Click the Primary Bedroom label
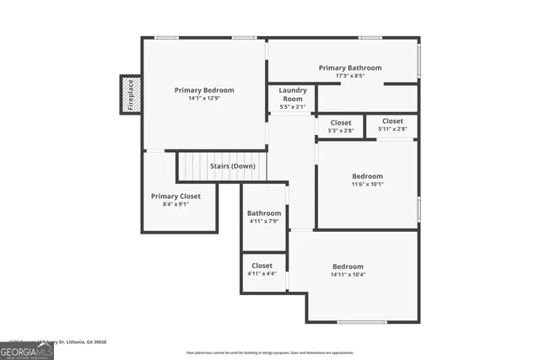204,90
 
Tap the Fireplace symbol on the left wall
130,94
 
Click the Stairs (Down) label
233,166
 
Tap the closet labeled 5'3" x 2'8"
340,126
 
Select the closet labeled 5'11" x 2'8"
391,126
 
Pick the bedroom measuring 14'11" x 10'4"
348,270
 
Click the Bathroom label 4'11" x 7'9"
263,218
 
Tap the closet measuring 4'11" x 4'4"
262,270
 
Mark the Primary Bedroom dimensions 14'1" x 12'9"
204,99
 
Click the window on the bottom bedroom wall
362,322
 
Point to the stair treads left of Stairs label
192,166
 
